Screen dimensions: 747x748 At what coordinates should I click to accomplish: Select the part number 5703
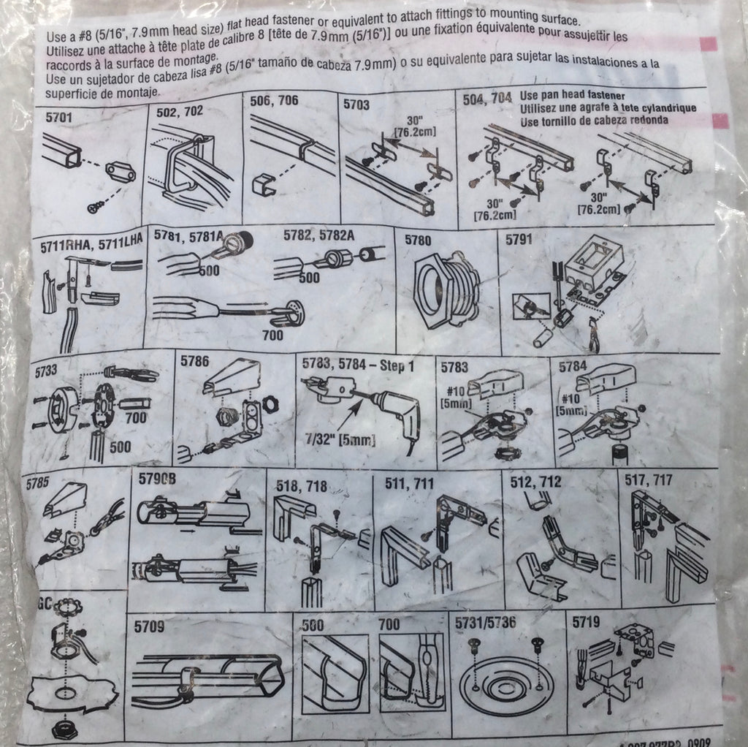(358, 104)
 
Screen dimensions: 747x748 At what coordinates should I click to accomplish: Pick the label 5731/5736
(485, 623)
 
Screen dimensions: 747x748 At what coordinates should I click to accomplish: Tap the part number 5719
(586, 623)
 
